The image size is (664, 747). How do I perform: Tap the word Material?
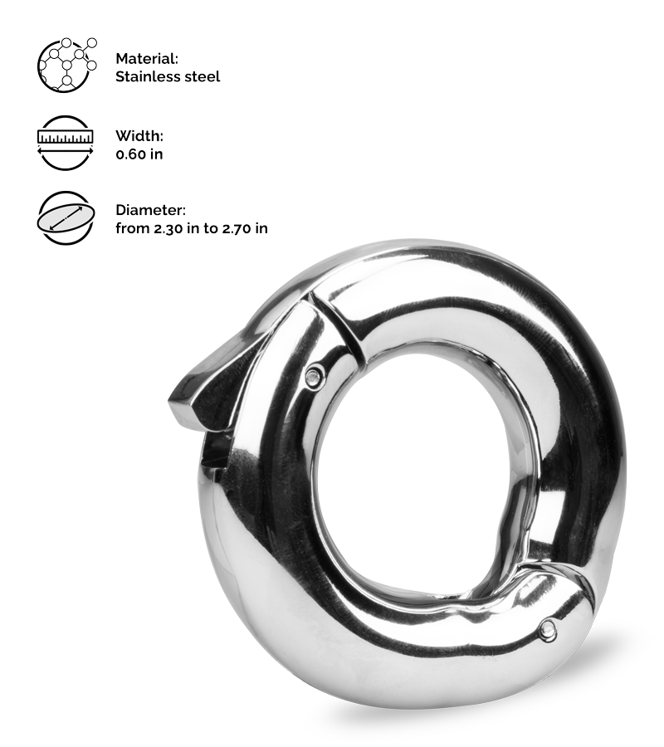coord(147,59)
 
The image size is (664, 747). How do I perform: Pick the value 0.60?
coord(131,154)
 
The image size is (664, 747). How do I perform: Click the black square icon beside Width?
coord(66,134)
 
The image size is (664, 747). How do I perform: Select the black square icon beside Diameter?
coord(66,217)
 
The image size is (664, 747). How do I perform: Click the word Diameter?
coord(150,211)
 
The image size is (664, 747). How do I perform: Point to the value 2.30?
coord(170,228)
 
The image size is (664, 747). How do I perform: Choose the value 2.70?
coord(238,228)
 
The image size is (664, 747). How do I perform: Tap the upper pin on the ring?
coord(314,375)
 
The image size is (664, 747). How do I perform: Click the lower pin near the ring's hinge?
coord(546,631)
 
